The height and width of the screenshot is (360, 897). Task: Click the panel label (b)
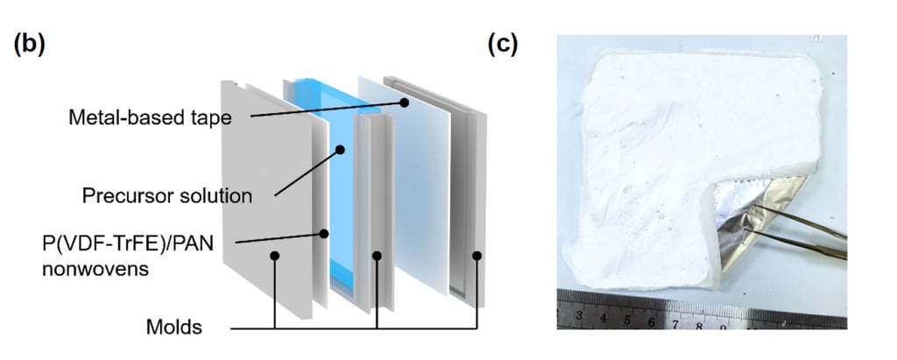pyautogui.click(x=29, y=46)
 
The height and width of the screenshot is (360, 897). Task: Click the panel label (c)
pyautogui.click(x=502, y=44)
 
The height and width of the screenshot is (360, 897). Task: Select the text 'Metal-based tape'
pyautogui.click(x=150, y=117)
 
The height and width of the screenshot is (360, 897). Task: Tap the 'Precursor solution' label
pyautogui.click(x=167, y=195)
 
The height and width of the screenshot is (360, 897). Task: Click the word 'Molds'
pyautogui.click(x=174, y=328)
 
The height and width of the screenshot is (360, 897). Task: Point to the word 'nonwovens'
pyautogui.click(x=95, y=268)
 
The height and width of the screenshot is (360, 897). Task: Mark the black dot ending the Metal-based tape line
pyautogui.click(x=404, y=103)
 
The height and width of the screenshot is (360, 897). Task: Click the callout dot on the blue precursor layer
pyautogui.click(x=340, y=150)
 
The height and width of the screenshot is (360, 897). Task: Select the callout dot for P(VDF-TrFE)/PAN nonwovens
pyautogui.click(x=324, y=234)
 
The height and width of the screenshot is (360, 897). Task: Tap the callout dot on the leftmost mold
pyautogui.click(x=274, y=256)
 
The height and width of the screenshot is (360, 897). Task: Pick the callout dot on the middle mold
pyautogui.click(x=377, y=255)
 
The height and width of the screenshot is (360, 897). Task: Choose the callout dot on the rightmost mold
pyautogui.click(x=477, y=255)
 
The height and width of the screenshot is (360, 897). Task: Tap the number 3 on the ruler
pyautogui.click(x=579, y=315)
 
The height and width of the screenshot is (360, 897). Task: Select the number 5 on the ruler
pyautogui.click(x=627, y=320)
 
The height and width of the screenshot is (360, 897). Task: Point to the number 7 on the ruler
pyautogui.click(x=675, y=324)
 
